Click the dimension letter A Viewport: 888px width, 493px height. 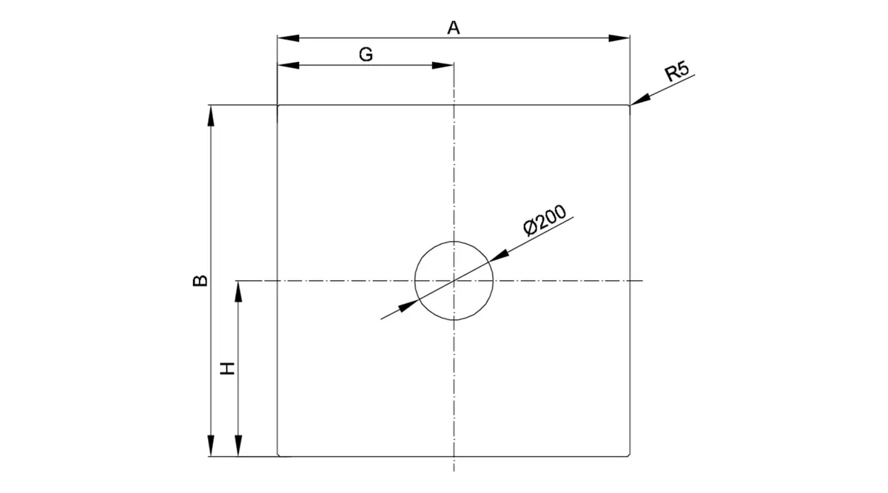454,28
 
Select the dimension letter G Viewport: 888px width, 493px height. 366,54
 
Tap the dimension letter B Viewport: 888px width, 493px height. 201,280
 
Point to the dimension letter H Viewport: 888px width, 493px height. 228,368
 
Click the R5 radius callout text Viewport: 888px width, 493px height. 676,71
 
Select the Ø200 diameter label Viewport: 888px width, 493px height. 545,220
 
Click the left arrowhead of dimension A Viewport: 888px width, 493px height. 288,38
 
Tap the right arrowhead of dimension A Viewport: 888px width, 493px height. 619,38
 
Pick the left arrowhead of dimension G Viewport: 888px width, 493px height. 288,65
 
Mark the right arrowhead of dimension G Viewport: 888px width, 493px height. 443,65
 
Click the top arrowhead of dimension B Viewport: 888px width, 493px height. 211,115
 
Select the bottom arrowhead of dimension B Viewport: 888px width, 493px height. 211,446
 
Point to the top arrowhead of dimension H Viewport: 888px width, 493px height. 238,291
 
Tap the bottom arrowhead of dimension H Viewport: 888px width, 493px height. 238,446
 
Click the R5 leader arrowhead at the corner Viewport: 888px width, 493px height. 640,99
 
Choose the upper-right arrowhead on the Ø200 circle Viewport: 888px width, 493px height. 499,256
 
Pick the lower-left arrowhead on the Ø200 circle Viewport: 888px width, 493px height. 408,306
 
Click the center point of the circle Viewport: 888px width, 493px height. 454,281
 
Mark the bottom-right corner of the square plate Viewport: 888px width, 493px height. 630,456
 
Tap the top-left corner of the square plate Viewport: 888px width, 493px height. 278,106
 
